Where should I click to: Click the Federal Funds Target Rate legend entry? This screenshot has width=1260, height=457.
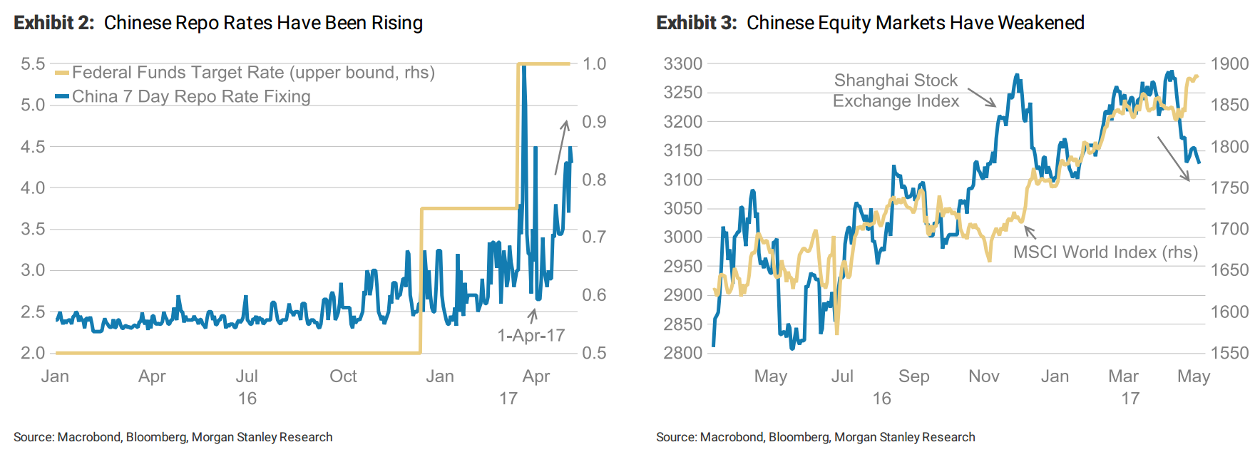click(253, 73)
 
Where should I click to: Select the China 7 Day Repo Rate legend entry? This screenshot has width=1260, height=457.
click(191, 96)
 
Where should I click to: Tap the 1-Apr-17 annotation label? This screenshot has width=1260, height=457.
click(531, 335)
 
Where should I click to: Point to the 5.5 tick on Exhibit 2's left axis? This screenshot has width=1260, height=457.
click(33, 64)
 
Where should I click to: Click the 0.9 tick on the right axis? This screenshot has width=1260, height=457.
click(594, 122)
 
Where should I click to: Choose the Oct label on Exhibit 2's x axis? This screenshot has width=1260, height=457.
click(343, 376)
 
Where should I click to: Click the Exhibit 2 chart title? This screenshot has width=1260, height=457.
click(218, 23)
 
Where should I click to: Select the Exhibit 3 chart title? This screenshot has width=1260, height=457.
click(870, 23)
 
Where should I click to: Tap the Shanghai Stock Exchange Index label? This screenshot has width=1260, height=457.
click(896, 91)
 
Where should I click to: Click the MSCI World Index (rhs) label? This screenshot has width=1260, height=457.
click(1105, 252)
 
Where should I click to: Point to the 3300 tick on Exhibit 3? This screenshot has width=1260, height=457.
click(682, 64)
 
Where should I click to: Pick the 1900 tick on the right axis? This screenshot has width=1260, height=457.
click(1229, 64)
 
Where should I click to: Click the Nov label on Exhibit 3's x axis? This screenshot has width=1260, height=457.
click(983, 376)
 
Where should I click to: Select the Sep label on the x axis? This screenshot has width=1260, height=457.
click(913, 376)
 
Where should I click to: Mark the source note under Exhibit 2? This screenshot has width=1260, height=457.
click(173, 437)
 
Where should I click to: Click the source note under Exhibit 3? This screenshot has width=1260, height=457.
click(816, 437)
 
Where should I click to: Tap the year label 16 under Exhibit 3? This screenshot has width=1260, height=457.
click(881, 399)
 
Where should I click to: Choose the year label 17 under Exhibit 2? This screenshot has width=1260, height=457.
click(508, 399)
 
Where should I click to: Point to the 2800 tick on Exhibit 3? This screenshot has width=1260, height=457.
click(682, 353)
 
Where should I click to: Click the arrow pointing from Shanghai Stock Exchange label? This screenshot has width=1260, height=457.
click(981, 98)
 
